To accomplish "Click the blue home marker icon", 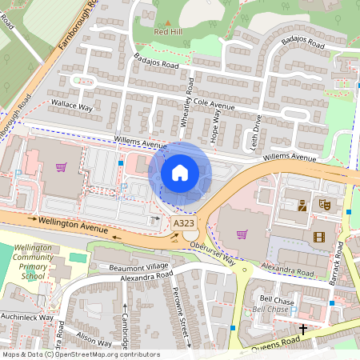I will tap(180, 172).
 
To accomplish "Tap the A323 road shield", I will tap(183, 223).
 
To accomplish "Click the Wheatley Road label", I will tap(190, 102).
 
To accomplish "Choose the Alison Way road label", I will tap(95, 341).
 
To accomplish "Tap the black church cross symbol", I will tap(303, 328).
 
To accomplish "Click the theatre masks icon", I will tap(325, 205).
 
